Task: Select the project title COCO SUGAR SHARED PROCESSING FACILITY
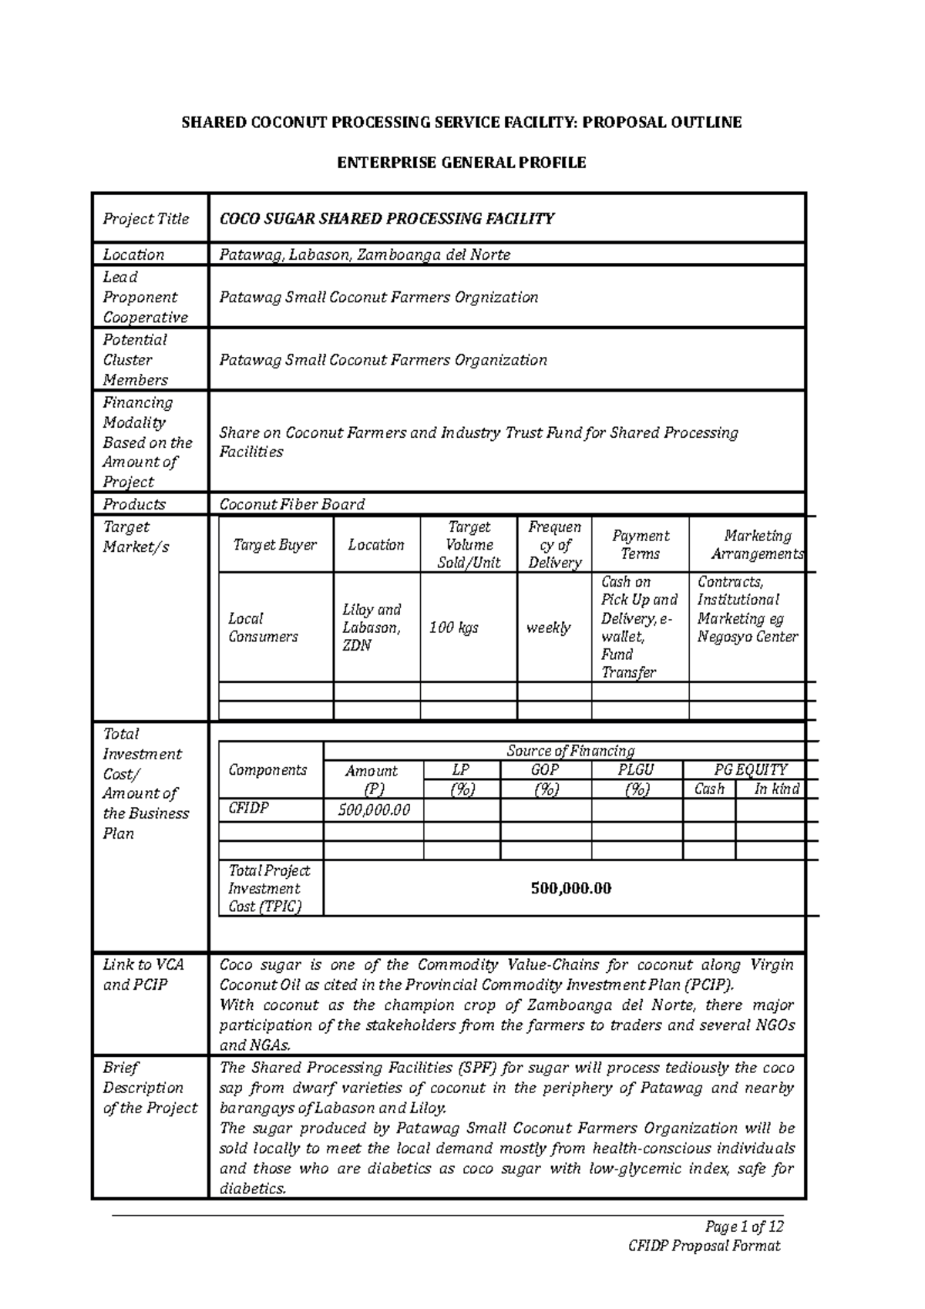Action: tap(387, 219)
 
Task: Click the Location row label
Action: tap(133, 254)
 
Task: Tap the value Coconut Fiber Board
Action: tap(292, 504)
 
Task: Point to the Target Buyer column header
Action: tap(275, 545)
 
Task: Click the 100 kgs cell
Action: tap(454, 628)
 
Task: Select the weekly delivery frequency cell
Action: tap(548, 628)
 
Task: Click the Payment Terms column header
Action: tap(640, 544)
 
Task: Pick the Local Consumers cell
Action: tap(262, 628)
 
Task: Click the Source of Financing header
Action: tap(570, 750)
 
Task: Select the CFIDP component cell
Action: tap(248, 808)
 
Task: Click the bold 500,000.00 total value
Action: tap(570, 888)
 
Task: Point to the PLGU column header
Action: tap(636, 769)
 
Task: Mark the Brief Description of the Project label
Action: tap(150, 1088)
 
